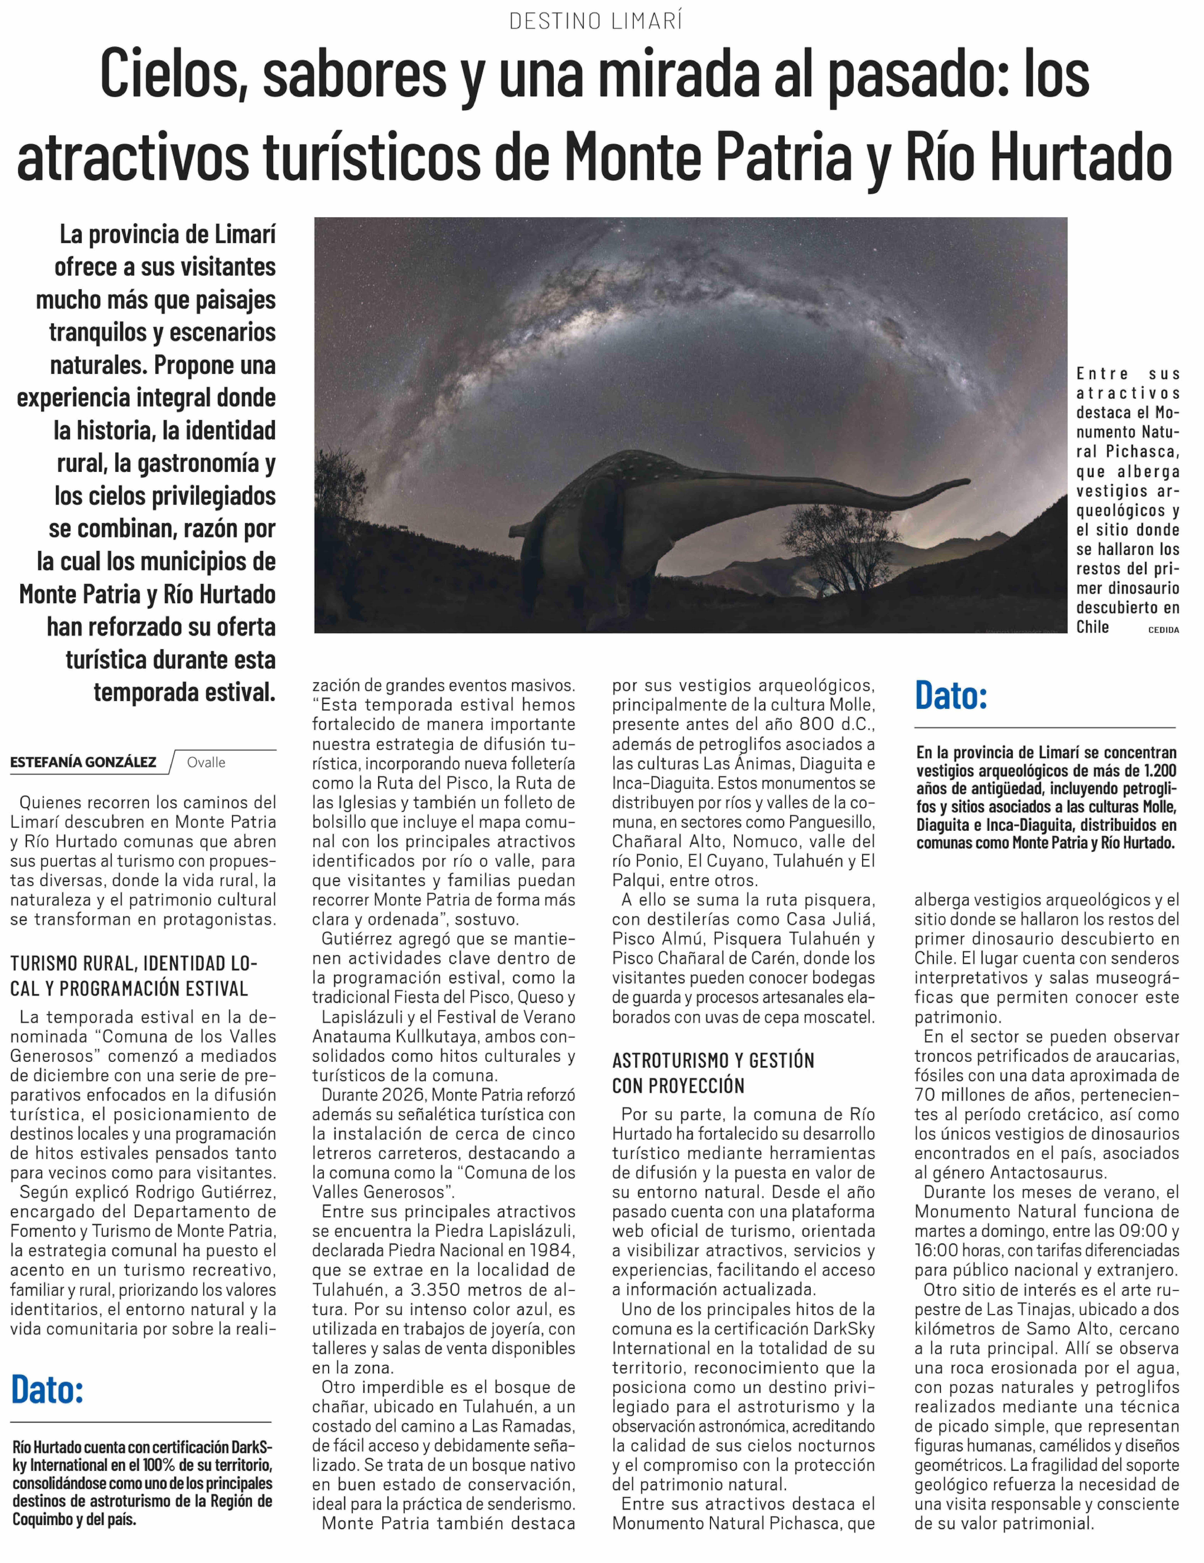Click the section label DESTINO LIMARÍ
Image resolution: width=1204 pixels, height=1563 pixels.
point(596,21)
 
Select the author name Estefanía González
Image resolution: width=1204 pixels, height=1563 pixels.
point(83,762)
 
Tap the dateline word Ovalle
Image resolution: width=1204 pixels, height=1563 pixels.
point(206,762)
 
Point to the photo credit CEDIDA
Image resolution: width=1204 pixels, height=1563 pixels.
point(1163,630)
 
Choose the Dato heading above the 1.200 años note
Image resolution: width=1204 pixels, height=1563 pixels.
point(951,696)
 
